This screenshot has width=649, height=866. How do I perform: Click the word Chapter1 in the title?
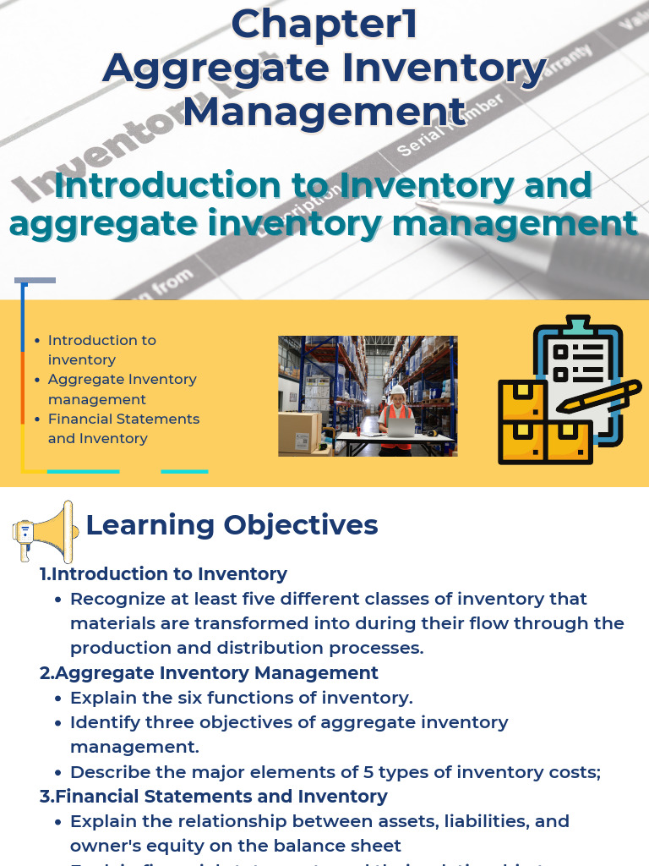pyautogui.click(x=324, y=24)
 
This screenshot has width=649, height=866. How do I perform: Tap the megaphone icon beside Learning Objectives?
pyautogui.click(x=45, y=530)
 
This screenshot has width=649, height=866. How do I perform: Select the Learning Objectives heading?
pyautogui.click(x=232, y=525)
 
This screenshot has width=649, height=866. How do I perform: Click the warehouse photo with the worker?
pyautogui.click(x=368, y=396)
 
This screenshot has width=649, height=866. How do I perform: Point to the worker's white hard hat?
pyautogui.click(x=398, y=391)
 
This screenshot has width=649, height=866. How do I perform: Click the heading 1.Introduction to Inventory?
pyautogui.click(x=163, y=574)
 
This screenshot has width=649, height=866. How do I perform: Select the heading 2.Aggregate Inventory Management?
pyautogui.click(x=209, y=673)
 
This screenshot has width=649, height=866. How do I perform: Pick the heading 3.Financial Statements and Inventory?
pyautogui.click(x=213, y=797)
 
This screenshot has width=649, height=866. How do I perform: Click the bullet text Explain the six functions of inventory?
pyautogui.click(x=241, y=699)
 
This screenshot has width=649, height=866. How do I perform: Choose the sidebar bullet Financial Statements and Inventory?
pyautogui.click(x=123, y=429)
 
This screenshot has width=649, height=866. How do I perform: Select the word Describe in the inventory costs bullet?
pyautogui.click(x=106, y=772)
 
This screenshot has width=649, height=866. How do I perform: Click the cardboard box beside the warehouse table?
pyautogui.click(x=299, y=432)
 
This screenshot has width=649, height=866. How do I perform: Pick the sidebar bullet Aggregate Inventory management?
pyautogui.click(x=123, y=389)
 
